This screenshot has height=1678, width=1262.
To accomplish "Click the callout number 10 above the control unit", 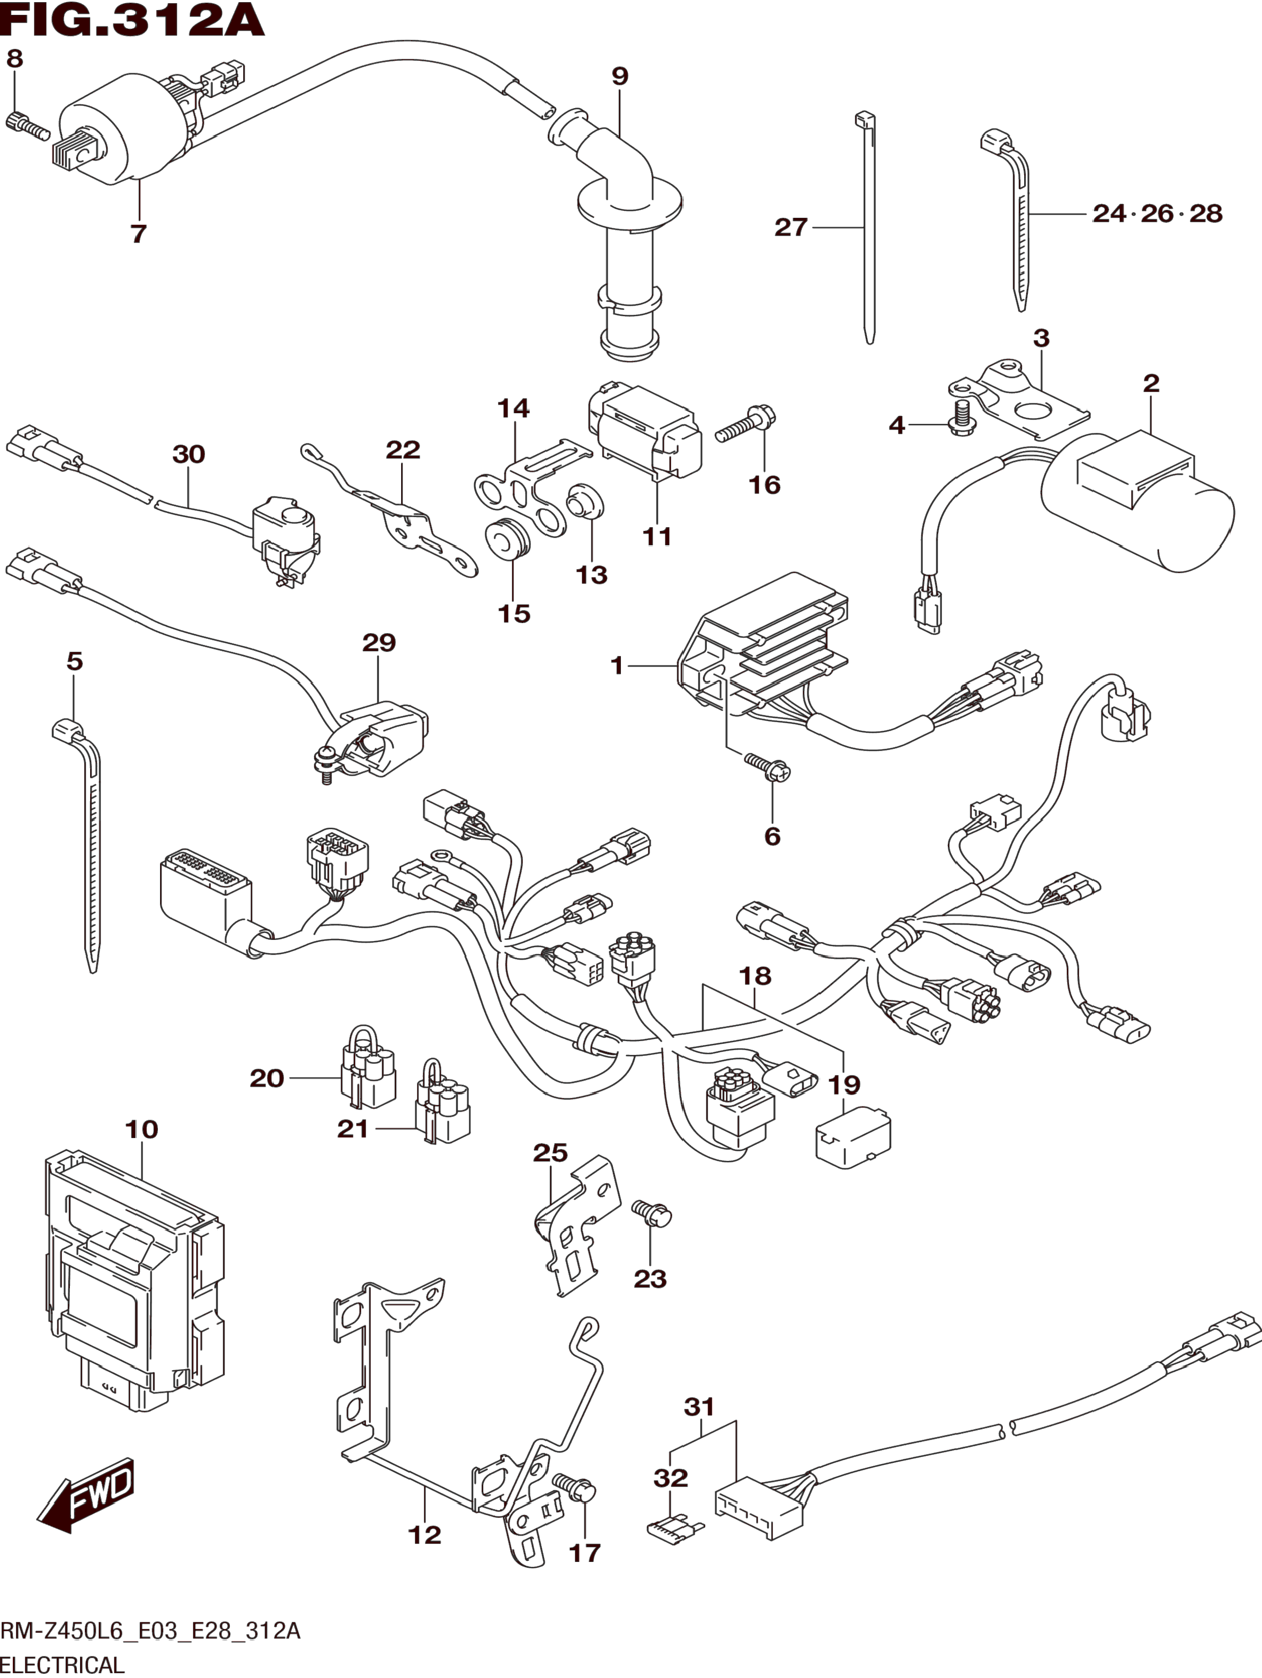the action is tap(141, 1151).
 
